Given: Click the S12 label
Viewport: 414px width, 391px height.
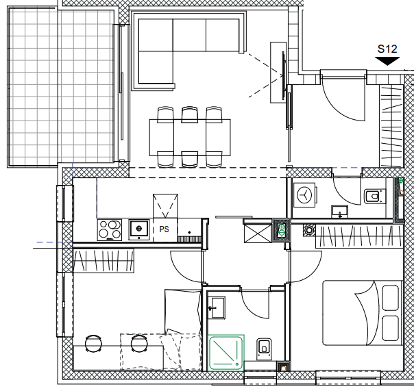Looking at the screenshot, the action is coord(387,49).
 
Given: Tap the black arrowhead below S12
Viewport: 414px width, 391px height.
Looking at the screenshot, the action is coord(387,61).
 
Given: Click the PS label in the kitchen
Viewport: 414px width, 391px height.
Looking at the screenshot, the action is coord(164,229).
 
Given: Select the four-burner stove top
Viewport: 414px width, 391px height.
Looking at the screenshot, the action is coord(110,230).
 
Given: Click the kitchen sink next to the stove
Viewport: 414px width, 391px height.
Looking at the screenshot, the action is coord(139,229).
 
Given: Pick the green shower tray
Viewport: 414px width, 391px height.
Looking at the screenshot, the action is coord(226,353).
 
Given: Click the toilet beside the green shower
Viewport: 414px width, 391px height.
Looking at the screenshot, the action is coord(264,349).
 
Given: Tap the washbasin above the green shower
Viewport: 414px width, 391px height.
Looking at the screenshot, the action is coord(217,307).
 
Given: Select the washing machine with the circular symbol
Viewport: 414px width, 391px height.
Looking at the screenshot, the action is coord(305,194).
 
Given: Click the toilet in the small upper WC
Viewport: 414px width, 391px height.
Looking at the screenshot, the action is coord(374,196).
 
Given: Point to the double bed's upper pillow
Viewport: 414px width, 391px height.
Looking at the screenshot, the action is coord(390,298).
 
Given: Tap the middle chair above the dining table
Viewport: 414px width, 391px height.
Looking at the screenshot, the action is coord(190,115).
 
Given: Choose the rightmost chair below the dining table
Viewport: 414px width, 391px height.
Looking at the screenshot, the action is coord(214,159).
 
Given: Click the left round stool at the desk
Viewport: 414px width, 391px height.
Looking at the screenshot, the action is coord(93,343).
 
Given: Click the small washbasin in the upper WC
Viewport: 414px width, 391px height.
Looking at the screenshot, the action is coord(339,212).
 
